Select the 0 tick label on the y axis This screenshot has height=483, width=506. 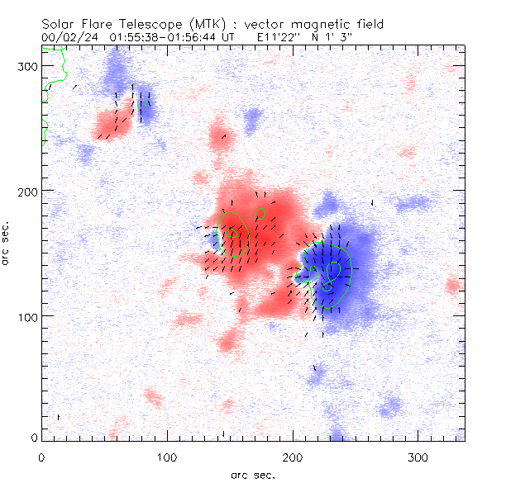(34, 437)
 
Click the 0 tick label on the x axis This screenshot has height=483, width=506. (41, 456)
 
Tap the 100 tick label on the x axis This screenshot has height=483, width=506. (167, 456)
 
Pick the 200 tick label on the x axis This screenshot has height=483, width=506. (293, 456)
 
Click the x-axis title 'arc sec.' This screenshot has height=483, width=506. (252, 475)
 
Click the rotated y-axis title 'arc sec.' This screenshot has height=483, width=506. (7, 244)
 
